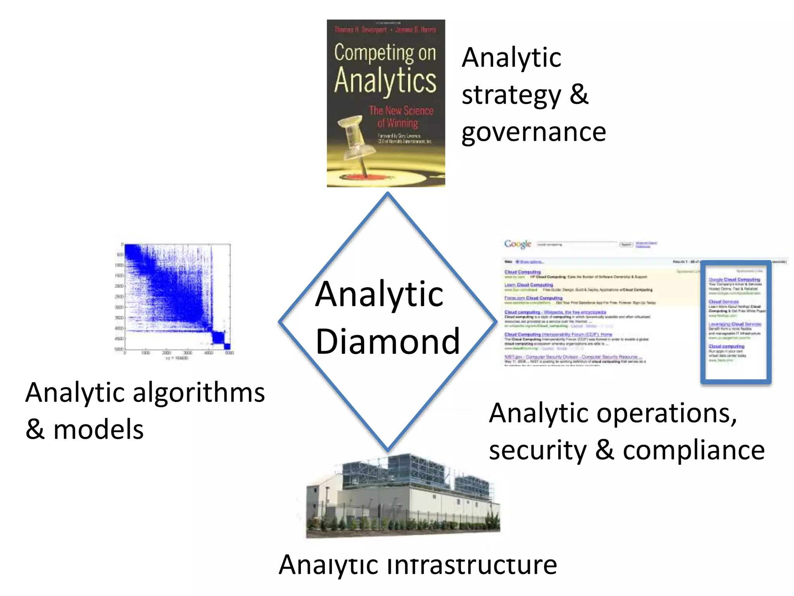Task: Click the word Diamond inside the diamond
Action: point(388,341)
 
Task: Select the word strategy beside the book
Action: point(511,95)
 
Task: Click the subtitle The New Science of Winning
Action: point(400,116)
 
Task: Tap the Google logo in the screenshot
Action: point(517,244)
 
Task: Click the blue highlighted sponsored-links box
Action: point(735,322)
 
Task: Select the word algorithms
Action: point(198,393)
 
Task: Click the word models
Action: point(98,430)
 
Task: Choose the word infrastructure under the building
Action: point(472,565)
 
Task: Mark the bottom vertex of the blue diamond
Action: point(388,450)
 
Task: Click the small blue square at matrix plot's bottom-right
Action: point(227,347)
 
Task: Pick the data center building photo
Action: point(403,497)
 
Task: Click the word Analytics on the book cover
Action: point(385,81)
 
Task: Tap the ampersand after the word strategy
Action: point(579,95)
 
